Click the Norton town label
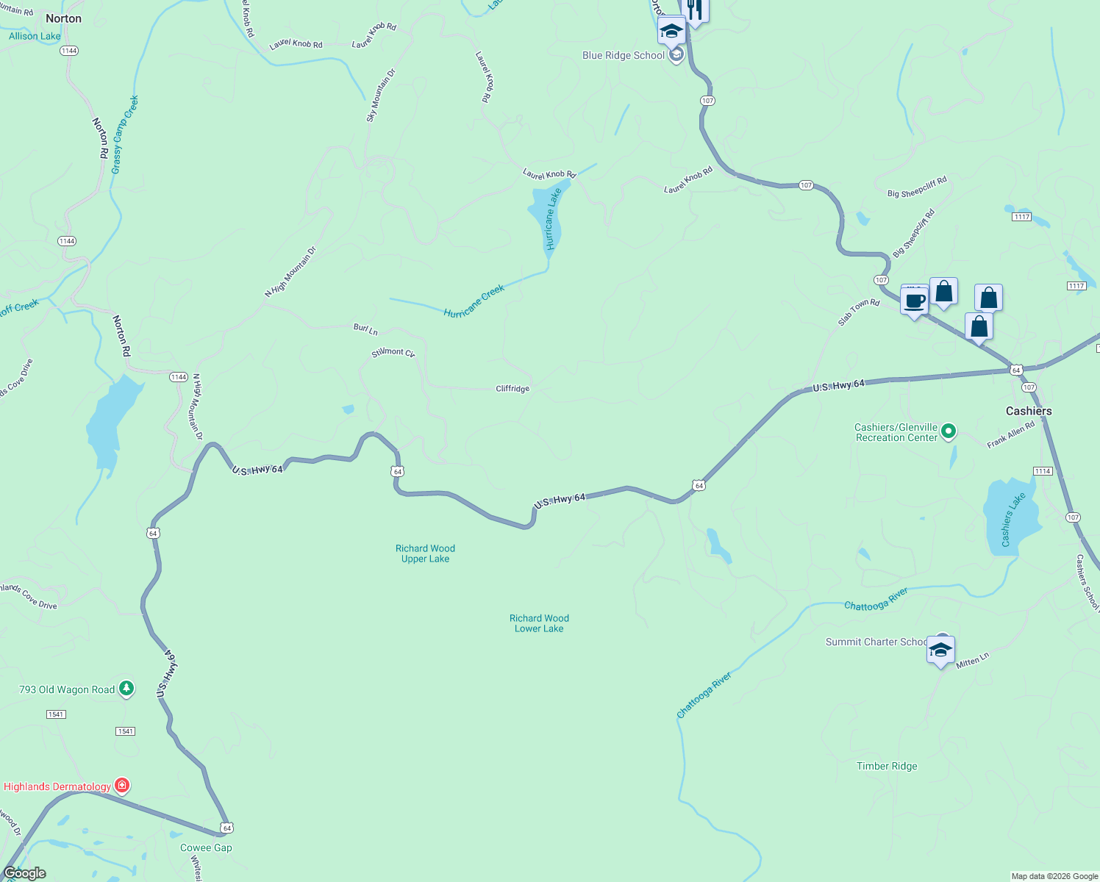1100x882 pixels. [64, 18]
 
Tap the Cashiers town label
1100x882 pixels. [1029, 411]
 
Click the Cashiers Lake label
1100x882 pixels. [1013, 520]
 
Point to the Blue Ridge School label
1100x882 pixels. [624, 56]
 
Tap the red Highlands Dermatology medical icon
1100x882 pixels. [123, 786]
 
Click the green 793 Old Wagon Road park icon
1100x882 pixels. [126, 689]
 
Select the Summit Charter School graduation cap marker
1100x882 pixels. [940, 650]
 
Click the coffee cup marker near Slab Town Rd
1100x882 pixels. [915, 301]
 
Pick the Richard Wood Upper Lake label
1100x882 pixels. [425, 553]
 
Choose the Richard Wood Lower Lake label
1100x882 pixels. [539, 623]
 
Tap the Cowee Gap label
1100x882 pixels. [206, 847]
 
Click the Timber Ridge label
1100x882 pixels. [887, 766]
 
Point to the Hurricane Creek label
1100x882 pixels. [474, 301]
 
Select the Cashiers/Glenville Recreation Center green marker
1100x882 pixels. [949, 431]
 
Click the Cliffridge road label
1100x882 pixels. [512, 389]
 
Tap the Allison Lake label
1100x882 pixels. [35, 36]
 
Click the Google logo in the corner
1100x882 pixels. [25, 872]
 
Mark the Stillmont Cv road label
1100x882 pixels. [393, 353]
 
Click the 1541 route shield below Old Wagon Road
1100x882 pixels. [125, 731]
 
